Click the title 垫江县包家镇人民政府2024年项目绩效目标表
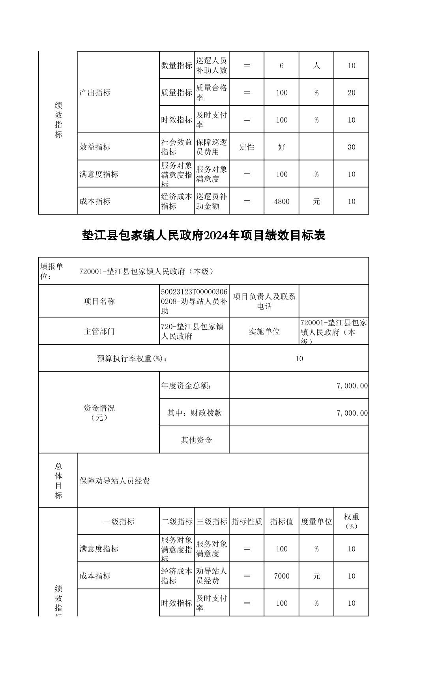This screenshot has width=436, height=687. [204, 235]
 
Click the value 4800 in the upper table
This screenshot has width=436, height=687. [281, 202]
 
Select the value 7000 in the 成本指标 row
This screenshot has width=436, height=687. [281, 576]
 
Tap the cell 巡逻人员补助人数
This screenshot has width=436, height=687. [211, 65]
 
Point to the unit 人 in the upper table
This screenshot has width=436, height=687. [316, 65]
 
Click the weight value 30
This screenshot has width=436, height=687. [351, 147]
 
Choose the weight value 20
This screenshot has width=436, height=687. [351, 93]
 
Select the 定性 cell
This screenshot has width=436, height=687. [247, 147]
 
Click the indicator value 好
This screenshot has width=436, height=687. [281, 147]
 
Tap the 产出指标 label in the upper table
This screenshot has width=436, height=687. [95, 93]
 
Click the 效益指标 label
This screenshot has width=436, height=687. [95, 147]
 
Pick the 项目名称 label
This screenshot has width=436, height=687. [99, 301]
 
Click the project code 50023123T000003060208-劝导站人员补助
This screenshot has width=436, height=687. [194, 301]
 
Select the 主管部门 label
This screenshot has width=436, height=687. [99, 331]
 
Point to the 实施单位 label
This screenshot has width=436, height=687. [264, 331]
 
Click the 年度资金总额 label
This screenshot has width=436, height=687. [186, 386]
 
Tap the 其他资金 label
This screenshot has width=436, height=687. [196, 440]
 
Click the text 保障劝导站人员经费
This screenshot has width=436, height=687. [115, 481]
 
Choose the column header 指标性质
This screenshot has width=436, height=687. [247, 521]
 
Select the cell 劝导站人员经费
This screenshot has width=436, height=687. [211, 576]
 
